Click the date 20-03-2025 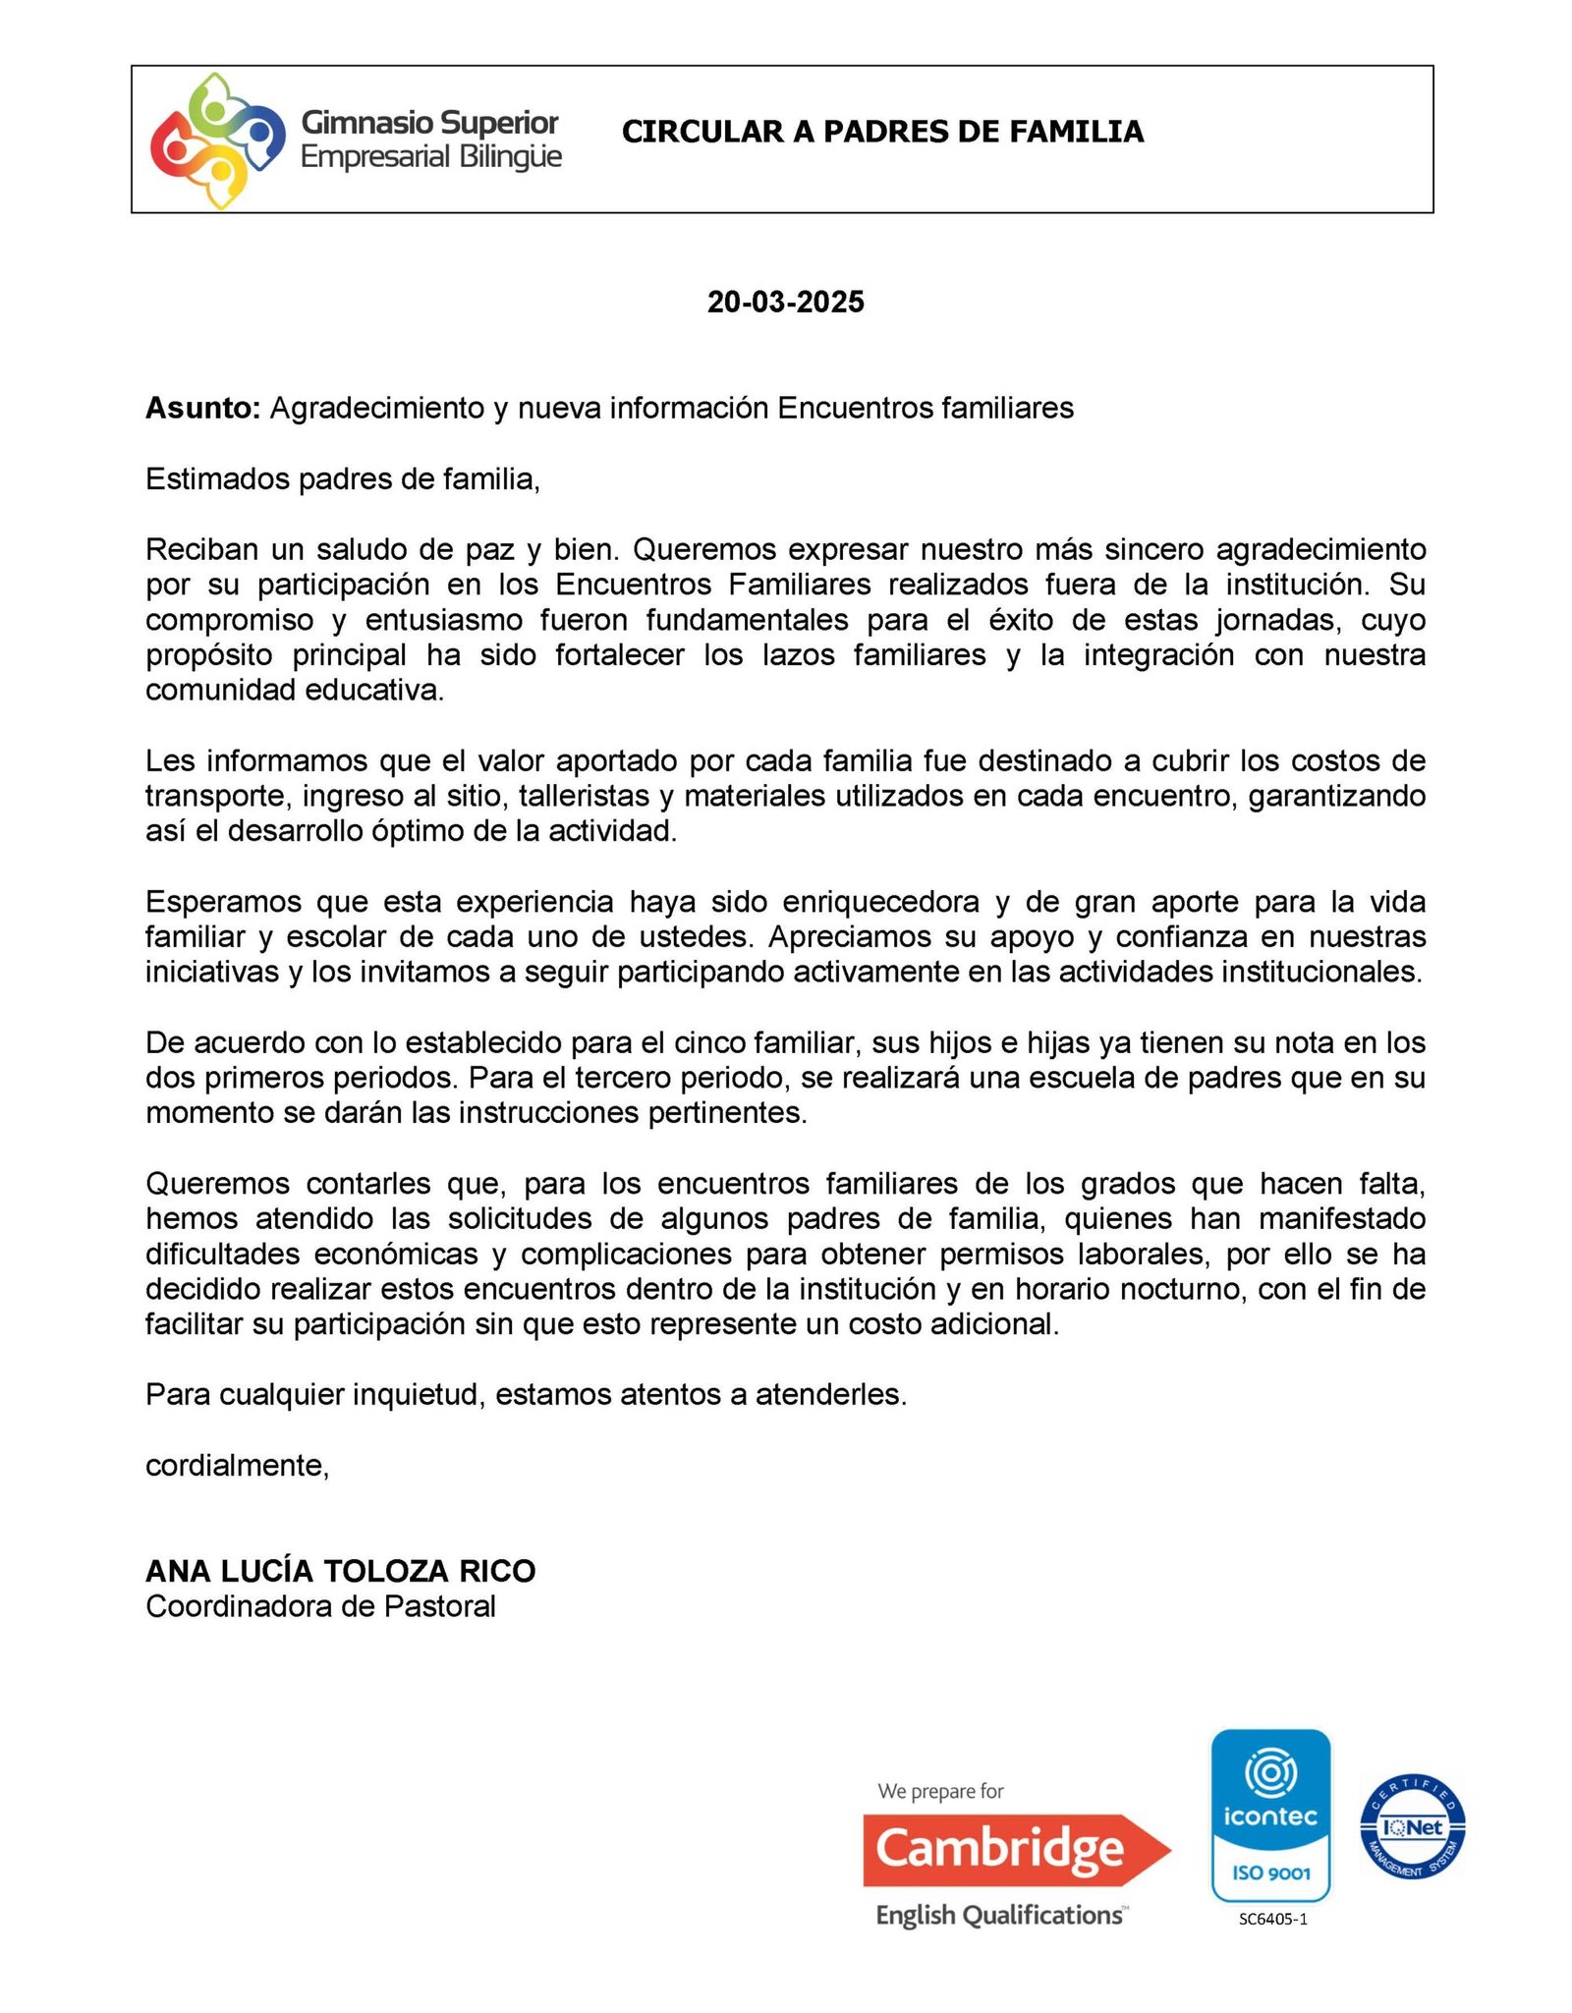785,302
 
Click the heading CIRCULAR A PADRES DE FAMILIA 882,132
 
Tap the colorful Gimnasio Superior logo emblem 210,140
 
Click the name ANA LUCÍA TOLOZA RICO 340,1571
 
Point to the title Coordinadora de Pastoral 320,1606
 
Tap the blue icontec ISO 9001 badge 1270,1817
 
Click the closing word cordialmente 237,1465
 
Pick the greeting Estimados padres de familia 342,478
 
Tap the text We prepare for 940,1791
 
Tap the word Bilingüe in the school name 510,157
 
